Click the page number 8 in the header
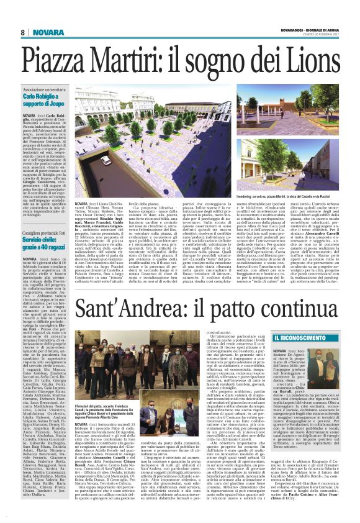pos(22,32)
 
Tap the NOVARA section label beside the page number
pos(44,32)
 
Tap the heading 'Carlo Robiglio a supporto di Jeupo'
pos(45,102)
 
